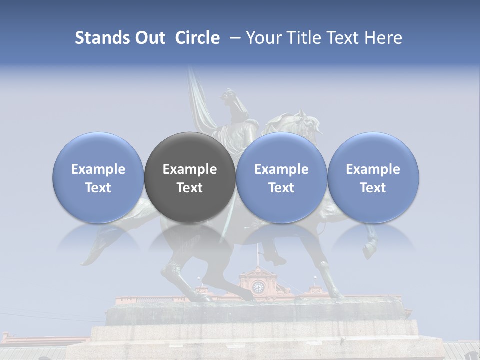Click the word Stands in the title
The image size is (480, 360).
(101, 38)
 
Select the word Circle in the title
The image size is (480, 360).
(197, 38)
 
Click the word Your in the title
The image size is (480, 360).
(263, 38)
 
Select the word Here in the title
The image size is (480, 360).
(383, 38)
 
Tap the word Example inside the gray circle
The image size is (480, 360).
(190, 169)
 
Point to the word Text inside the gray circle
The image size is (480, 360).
(190, 188)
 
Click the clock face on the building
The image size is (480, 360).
(258, 287)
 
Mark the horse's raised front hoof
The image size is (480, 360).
(370, 248)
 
